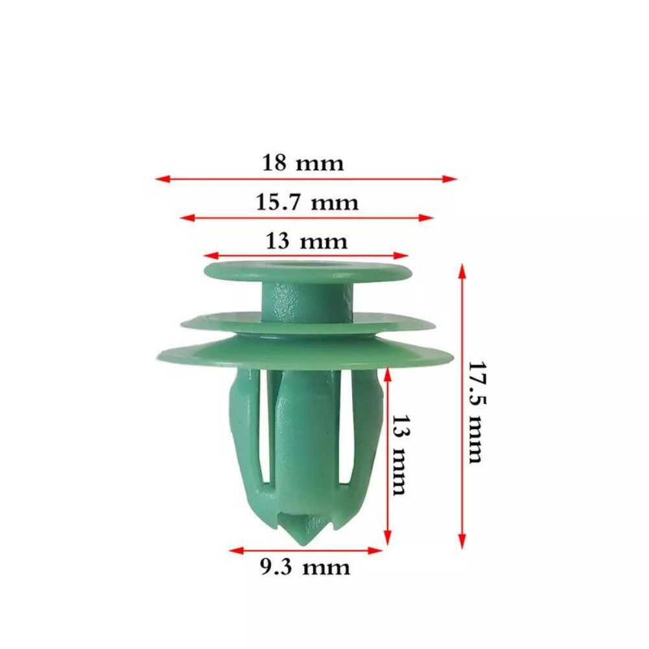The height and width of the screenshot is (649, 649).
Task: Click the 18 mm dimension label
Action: (303, 163)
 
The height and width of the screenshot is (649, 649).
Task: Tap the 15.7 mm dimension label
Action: (307, 202)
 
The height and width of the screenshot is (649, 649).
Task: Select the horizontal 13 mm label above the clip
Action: (306, 241)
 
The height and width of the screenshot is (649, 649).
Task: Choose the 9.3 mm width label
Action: (305, 567)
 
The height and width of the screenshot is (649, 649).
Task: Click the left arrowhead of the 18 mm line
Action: (163, 179)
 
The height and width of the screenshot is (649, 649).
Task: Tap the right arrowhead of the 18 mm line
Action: (449, 179)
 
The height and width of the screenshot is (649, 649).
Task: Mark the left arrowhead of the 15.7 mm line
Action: (188, 218)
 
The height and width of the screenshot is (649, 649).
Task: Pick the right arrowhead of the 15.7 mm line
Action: (426, 218)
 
